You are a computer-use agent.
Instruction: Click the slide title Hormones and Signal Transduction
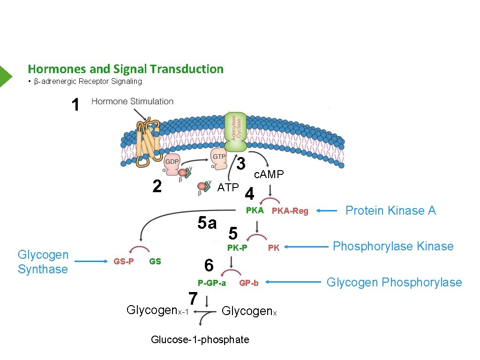[x=126, y=69]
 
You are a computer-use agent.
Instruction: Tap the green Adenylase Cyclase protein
[x=235, y=131]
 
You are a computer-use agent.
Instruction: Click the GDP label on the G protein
[x=172, y=161]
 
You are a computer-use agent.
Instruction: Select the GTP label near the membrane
[x=219, y=157]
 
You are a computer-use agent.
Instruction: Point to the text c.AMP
[x=269, y=174]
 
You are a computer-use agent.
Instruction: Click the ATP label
[x=228, y=187]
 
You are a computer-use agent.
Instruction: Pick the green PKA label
[x=255, y=210]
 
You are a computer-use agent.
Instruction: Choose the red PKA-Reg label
[x=290, y=211]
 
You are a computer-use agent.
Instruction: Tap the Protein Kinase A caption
[x=390, y=210]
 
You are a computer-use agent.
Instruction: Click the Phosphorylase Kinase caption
[x=393, y=246]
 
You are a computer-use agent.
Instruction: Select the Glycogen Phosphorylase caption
[x=394, y=282]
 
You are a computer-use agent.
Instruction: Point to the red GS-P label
[x=124, y=262]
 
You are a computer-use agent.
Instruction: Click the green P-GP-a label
[x=211, y=283]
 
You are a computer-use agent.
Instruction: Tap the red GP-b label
[x=248, y=283]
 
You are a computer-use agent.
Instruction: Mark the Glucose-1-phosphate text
[x=200, y=339]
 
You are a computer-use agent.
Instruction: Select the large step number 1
[x=75, y=105]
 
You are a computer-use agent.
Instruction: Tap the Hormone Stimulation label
[x=132, y=101]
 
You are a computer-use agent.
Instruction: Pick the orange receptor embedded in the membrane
[x=146, y=142]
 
